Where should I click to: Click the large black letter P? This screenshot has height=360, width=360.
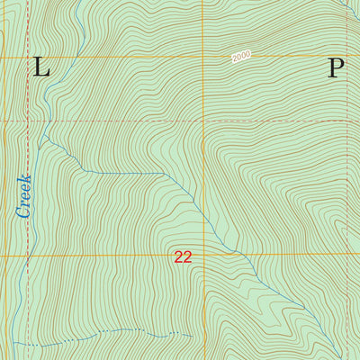point(336,67)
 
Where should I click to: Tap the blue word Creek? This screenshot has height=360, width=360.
point(23,195)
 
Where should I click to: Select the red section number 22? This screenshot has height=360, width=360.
point(183,257)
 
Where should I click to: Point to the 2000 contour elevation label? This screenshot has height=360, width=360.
point(240,57)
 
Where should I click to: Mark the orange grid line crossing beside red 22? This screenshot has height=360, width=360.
point(204,256)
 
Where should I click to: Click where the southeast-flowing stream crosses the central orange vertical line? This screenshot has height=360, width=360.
point(204,222)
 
